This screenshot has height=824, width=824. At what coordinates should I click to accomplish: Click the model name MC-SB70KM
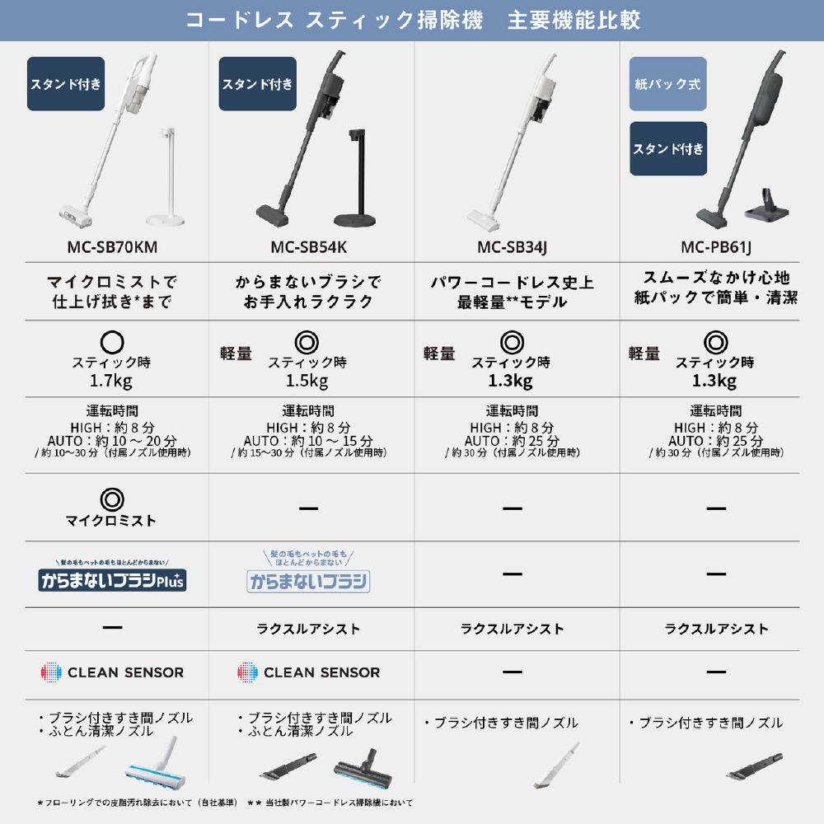point(112,247)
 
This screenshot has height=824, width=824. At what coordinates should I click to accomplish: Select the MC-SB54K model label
point(308,247)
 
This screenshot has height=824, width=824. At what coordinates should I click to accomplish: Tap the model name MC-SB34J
point(512,247)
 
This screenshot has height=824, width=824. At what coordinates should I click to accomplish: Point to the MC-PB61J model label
point(716,247)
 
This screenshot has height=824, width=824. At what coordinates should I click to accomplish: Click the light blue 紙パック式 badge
point(668,83)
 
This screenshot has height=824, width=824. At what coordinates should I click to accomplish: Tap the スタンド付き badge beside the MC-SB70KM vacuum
point(66,83)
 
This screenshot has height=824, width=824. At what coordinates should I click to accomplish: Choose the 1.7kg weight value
point(111,381)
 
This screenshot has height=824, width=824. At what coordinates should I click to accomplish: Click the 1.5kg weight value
point(307,381)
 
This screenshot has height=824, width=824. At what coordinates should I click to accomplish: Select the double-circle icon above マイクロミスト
point(112,499)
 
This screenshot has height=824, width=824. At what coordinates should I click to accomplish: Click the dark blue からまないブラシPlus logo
point(112,580)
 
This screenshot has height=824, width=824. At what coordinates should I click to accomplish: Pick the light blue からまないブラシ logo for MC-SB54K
point(308,581)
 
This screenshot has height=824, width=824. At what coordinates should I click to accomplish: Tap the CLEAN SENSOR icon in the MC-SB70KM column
point(51,672)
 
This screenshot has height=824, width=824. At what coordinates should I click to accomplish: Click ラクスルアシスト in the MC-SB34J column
point(512,629)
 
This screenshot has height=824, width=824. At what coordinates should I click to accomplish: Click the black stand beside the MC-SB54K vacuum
point(356,178)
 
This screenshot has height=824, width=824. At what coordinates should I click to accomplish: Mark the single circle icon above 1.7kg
point(112,342)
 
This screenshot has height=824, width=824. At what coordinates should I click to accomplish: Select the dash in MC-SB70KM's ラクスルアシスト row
point(112,627)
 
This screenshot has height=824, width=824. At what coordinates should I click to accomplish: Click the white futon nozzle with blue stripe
point(156,764)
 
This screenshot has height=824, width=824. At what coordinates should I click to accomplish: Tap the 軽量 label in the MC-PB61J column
point(644,353)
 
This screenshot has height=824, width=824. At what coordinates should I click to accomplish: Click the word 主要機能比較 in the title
point(574,20)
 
